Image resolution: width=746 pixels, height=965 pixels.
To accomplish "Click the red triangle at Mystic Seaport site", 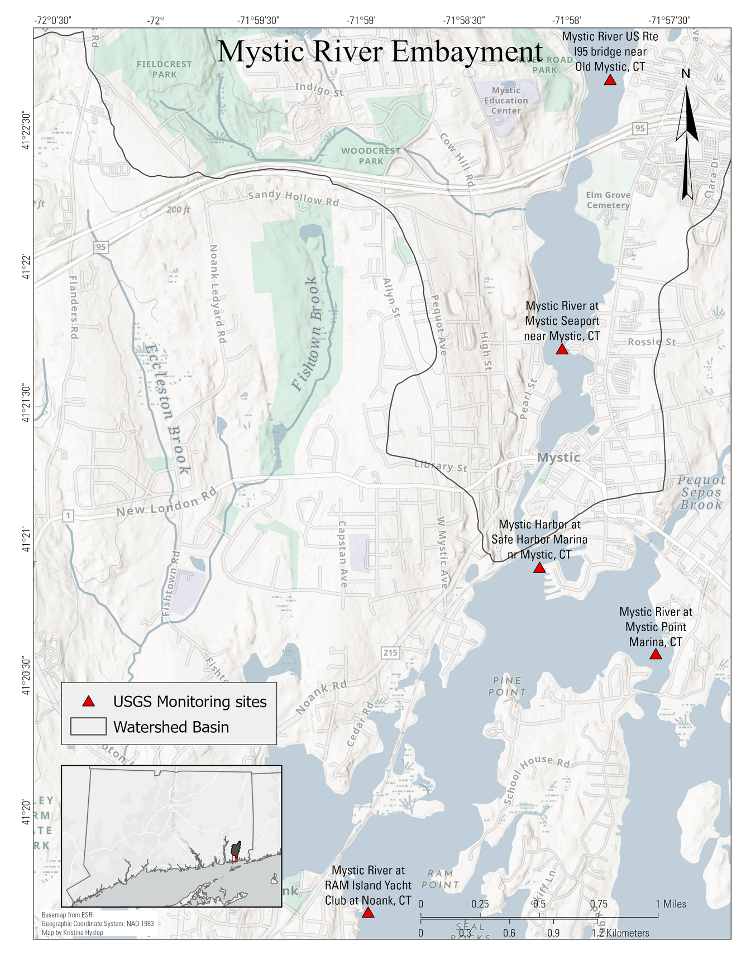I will click(562, 349).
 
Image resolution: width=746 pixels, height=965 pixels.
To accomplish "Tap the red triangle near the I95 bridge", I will click(610, 80).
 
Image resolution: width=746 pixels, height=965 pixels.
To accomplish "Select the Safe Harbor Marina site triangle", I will click(539, 568).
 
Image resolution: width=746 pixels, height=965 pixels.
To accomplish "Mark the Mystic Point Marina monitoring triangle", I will click(656, 654).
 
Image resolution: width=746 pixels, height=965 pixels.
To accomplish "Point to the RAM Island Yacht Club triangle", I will click(367, 913).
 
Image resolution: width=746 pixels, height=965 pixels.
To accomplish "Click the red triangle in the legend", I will click(88, 702).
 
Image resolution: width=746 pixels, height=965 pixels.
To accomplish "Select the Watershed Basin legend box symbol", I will click(88, 727).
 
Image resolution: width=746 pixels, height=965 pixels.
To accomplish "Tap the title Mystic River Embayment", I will click(380, 51).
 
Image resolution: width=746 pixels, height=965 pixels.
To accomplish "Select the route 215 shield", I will click(390, 652).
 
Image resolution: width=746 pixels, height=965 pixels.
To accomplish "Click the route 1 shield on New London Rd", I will click(68, 516).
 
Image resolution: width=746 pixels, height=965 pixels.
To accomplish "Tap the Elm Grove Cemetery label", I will click(608, 200).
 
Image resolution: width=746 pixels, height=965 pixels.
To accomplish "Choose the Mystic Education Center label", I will click(506, 100).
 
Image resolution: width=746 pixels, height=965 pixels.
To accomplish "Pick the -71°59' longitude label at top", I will click(361, 21).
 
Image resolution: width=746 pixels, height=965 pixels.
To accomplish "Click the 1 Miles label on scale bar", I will click(671, 904).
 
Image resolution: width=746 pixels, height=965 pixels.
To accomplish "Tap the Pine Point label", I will click(508, 686).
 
